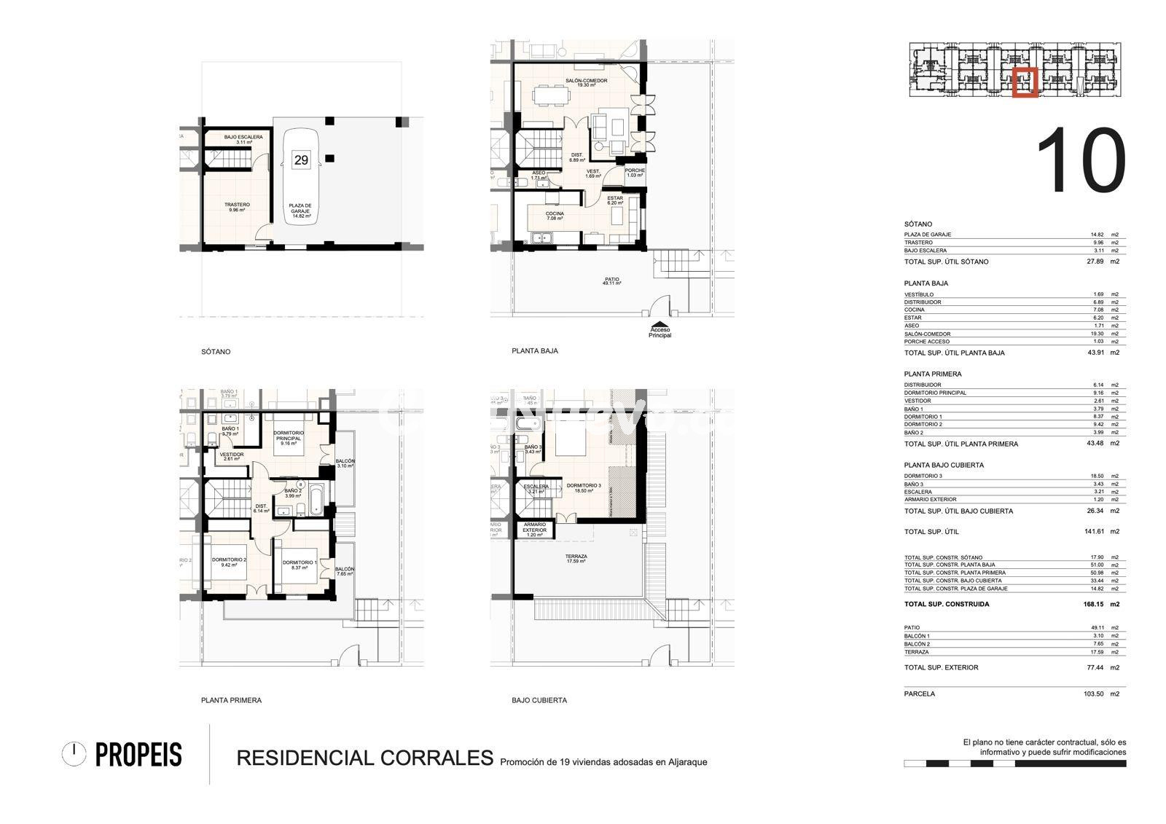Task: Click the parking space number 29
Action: [300, 160]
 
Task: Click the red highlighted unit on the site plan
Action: [1024, 81]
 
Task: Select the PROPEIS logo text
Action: [138, 756]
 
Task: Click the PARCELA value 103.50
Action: [1093, 694]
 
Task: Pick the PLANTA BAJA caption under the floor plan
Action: [535, 350]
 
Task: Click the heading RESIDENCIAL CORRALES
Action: [365, 758]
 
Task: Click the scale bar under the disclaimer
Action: [1014, 764]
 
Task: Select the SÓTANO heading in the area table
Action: [917, 224]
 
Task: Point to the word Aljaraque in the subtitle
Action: [685, 762]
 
